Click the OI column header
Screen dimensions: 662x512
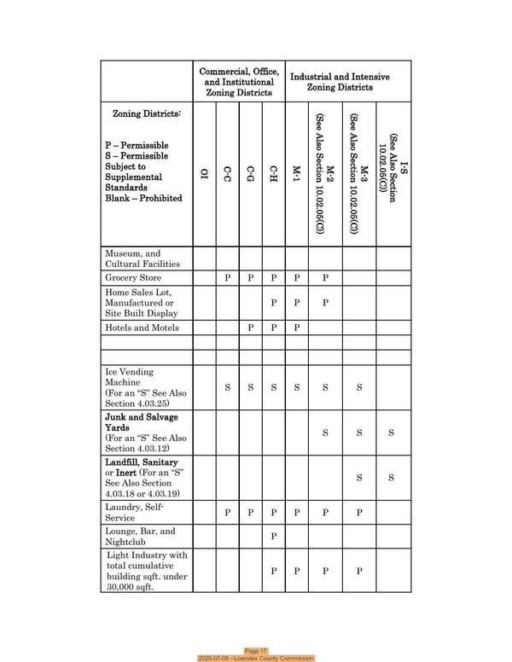pos(204,177)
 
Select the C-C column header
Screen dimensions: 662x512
pos(227,177)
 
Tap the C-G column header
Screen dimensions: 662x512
pos(251,177)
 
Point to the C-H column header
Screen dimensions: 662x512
pos(274,177)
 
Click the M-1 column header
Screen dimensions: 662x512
pos(297,177)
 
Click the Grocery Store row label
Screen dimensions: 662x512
pos(133,278)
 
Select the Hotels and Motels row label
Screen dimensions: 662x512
pos(139,328)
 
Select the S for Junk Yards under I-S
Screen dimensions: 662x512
pos(391,433)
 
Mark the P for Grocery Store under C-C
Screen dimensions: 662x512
pos(227,278)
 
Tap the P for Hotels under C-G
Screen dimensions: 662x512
pos(251,328)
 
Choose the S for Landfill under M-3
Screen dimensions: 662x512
pos(359,478)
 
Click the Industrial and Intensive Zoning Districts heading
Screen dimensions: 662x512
pos(340,82)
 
